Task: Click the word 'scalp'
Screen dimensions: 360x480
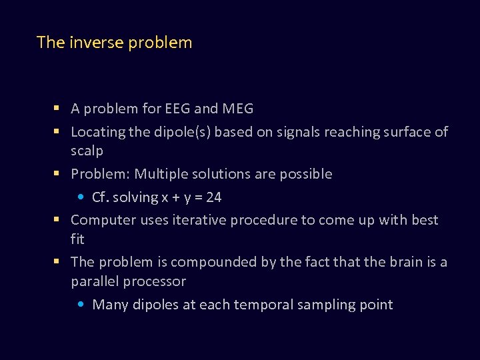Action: [87, 151]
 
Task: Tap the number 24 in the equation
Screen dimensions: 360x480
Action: [213, 197]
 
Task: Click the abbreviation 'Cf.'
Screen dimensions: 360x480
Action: [100, 197]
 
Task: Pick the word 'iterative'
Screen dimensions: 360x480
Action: [194, 220]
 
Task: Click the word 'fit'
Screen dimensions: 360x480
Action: [77, 239]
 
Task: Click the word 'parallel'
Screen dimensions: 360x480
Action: [94, 281]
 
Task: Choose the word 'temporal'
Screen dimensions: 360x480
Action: [255, 305]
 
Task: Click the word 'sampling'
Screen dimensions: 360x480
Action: [325, 305]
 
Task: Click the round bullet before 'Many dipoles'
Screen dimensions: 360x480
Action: [80, 305]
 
